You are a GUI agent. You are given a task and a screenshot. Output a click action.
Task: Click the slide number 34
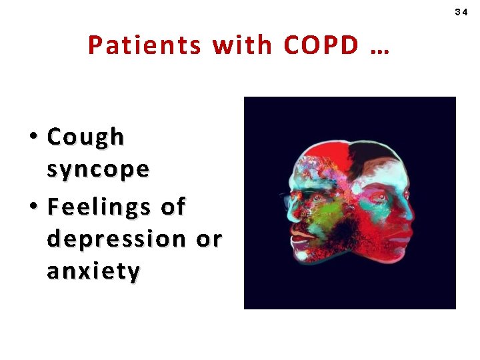pos(461,13)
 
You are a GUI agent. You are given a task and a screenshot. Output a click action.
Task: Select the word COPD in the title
pos(321,45)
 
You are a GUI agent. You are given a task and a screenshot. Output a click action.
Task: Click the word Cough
pos(85,137)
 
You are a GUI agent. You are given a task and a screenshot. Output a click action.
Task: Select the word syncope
pos(98,169)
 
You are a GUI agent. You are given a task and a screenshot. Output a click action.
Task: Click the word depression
pos(117,238)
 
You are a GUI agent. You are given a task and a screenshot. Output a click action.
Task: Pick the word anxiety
pos(93,271)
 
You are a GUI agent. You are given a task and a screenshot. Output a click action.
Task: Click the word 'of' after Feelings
pos(173,206)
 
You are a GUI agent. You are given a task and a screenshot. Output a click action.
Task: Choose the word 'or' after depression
pos(209,238)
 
